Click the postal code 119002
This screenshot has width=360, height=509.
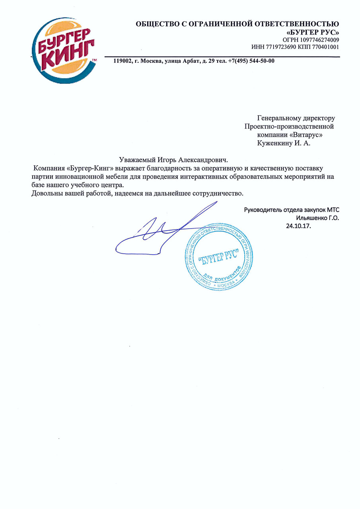click(123, 61)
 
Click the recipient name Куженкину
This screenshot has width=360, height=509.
click(274, 144)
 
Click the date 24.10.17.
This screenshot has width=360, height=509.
click(298, 226)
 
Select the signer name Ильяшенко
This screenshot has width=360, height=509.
click(311, 218)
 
